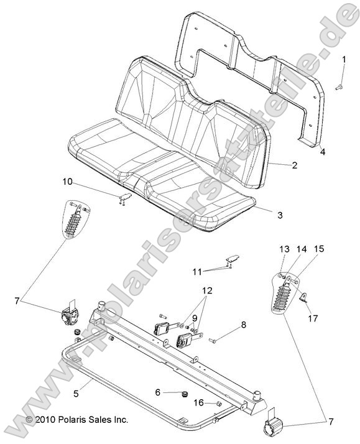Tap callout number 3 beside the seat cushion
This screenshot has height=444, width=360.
(280, 215)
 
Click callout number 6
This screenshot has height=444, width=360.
(157, 392)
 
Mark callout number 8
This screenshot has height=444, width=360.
(244, 324)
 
